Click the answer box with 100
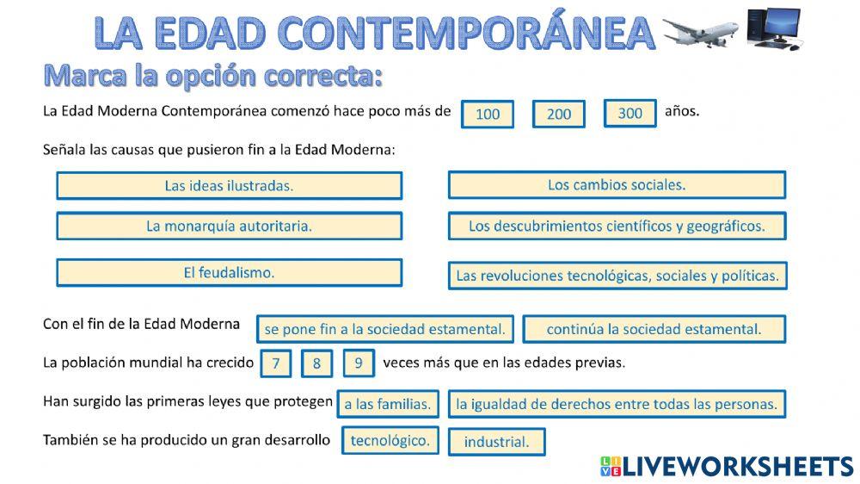[x=488, y=115]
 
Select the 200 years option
[x=558, y=115]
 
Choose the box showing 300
[x=630, y=114]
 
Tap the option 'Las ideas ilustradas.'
[x=229, y=185]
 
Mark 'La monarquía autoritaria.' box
[x=229, y=226]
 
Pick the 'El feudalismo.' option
[x=229, y=272]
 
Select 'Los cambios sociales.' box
[x=617, y=185]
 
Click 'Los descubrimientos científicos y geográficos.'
[x=617, y=226]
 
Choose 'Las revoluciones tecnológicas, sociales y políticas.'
[x=617, y=276]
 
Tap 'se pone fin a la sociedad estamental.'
[x=384, y=329]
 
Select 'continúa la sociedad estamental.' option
[x=654, y=329]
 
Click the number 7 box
[x=276, y=363]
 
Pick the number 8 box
[x=316, y=363]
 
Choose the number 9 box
[x=359, y=363]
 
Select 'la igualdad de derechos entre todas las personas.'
[x=617, y=403]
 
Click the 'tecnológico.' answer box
[x=390, y=440]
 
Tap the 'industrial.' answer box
[x=496, y=442]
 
